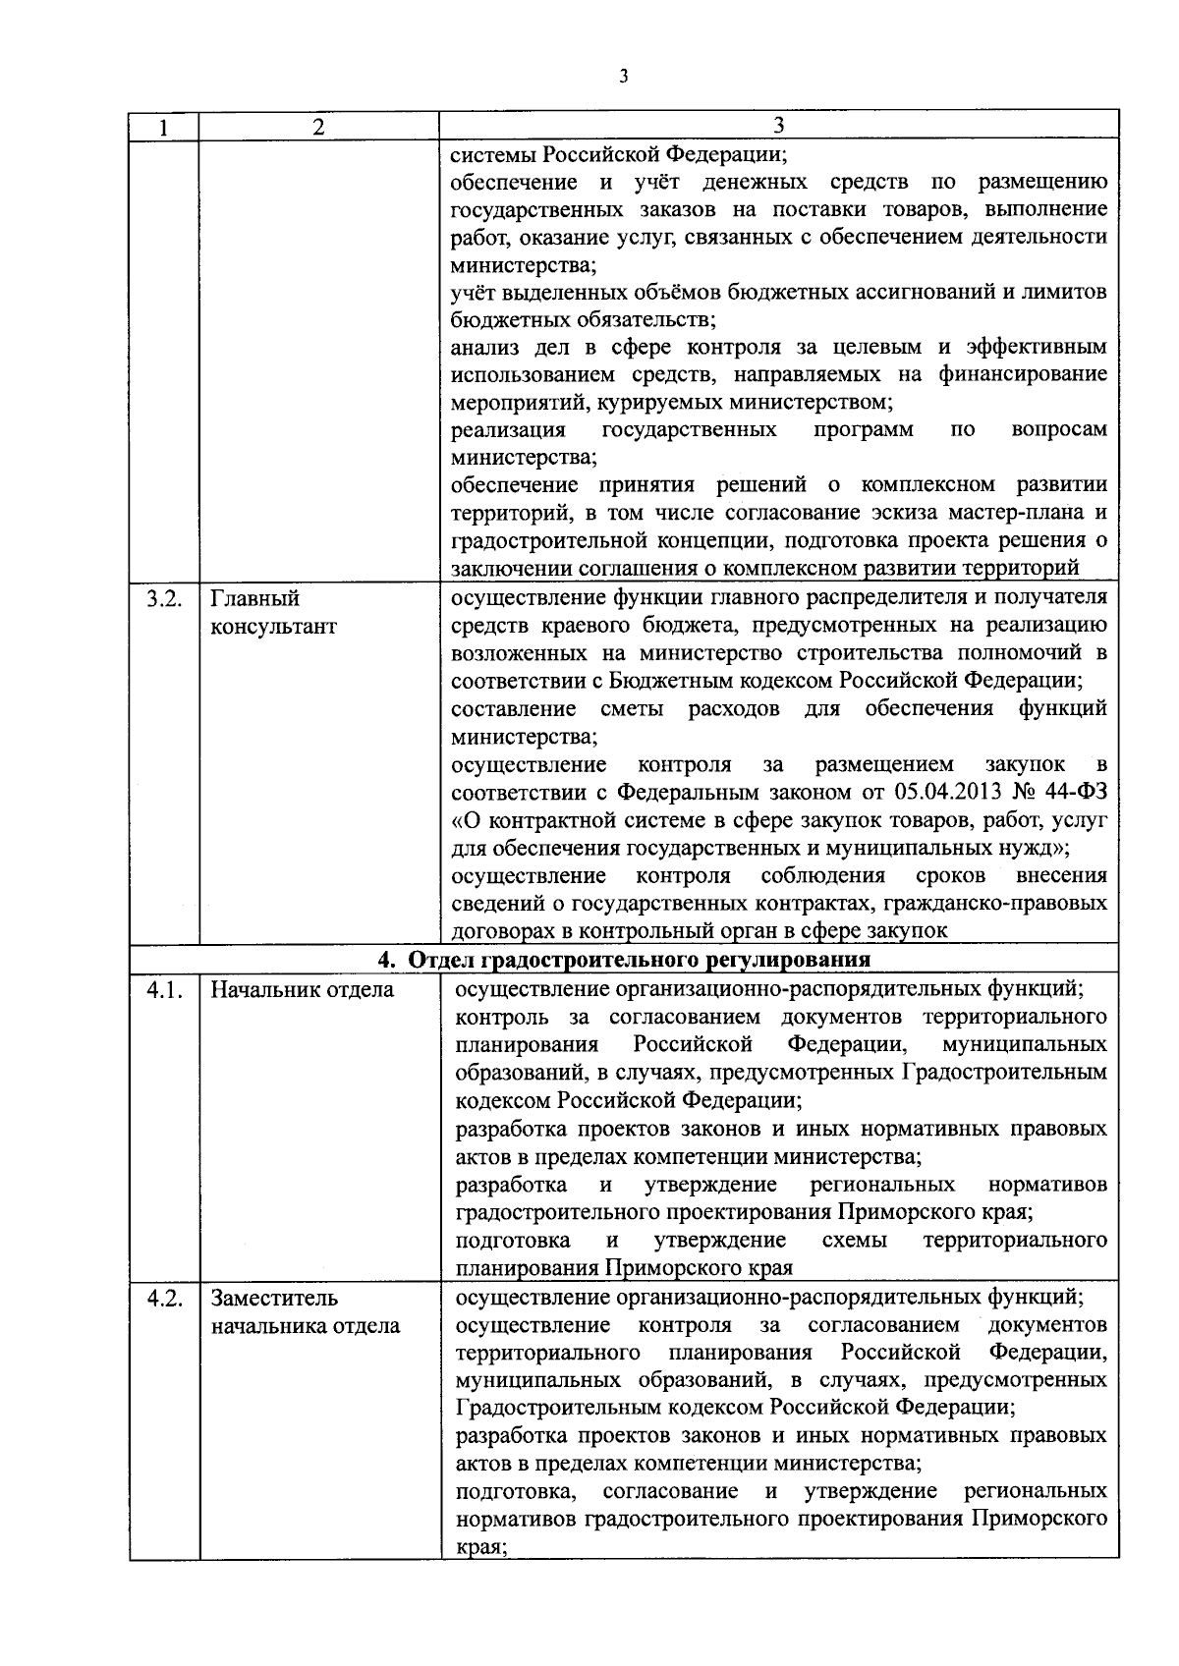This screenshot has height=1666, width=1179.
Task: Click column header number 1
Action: pyautogui.click(x=164, y=127)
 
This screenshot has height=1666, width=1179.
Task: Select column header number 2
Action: pyautogui.click(x=317, y=127)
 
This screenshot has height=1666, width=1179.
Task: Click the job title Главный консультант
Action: pyautogui.click(x=274, y=612)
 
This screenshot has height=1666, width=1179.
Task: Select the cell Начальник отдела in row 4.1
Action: pyautogui.click(x=302, y=990)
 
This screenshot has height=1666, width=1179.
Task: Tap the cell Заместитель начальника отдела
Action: pyautogui.click(x=305, y=1311)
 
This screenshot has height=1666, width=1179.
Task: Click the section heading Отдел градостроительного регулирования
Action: pyautogui.click(x=638, y=960)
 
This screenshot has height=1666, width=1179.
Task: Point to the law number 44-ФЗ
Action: pyautogui.click(x=1077, y=793)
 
